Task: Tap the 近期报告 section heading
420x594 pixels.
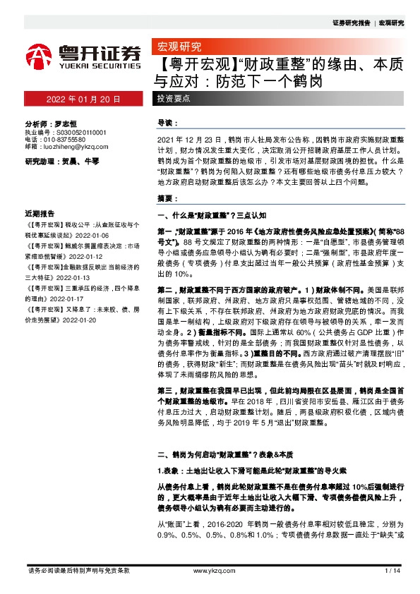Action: [40, 212]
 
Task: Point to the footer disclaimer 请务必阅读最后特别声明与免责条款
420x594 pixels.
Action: [78, 570]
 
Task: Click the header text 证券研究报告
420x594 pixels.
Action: [351, 23]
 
